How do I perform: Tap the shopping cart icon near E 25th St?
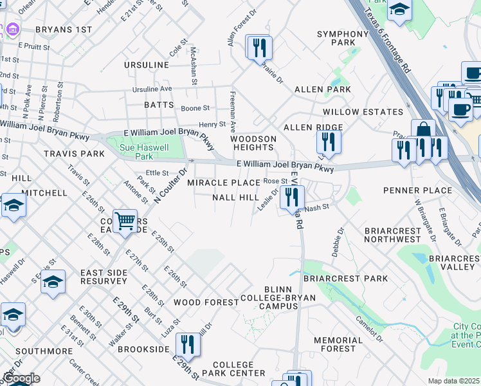[125, 221]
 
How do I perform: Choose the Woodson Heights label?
[253, 143]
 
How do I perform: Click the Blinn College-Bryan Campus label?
[269, 302]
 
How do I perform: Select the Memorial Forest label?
[339, 344]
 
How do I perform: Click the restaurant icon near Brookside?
[187, 344]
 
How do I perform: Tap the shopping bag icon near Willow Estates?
[423, 131]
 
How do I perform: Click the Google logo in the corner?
[21, 378]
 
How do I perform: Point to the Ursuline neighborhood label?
[147, 66]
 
